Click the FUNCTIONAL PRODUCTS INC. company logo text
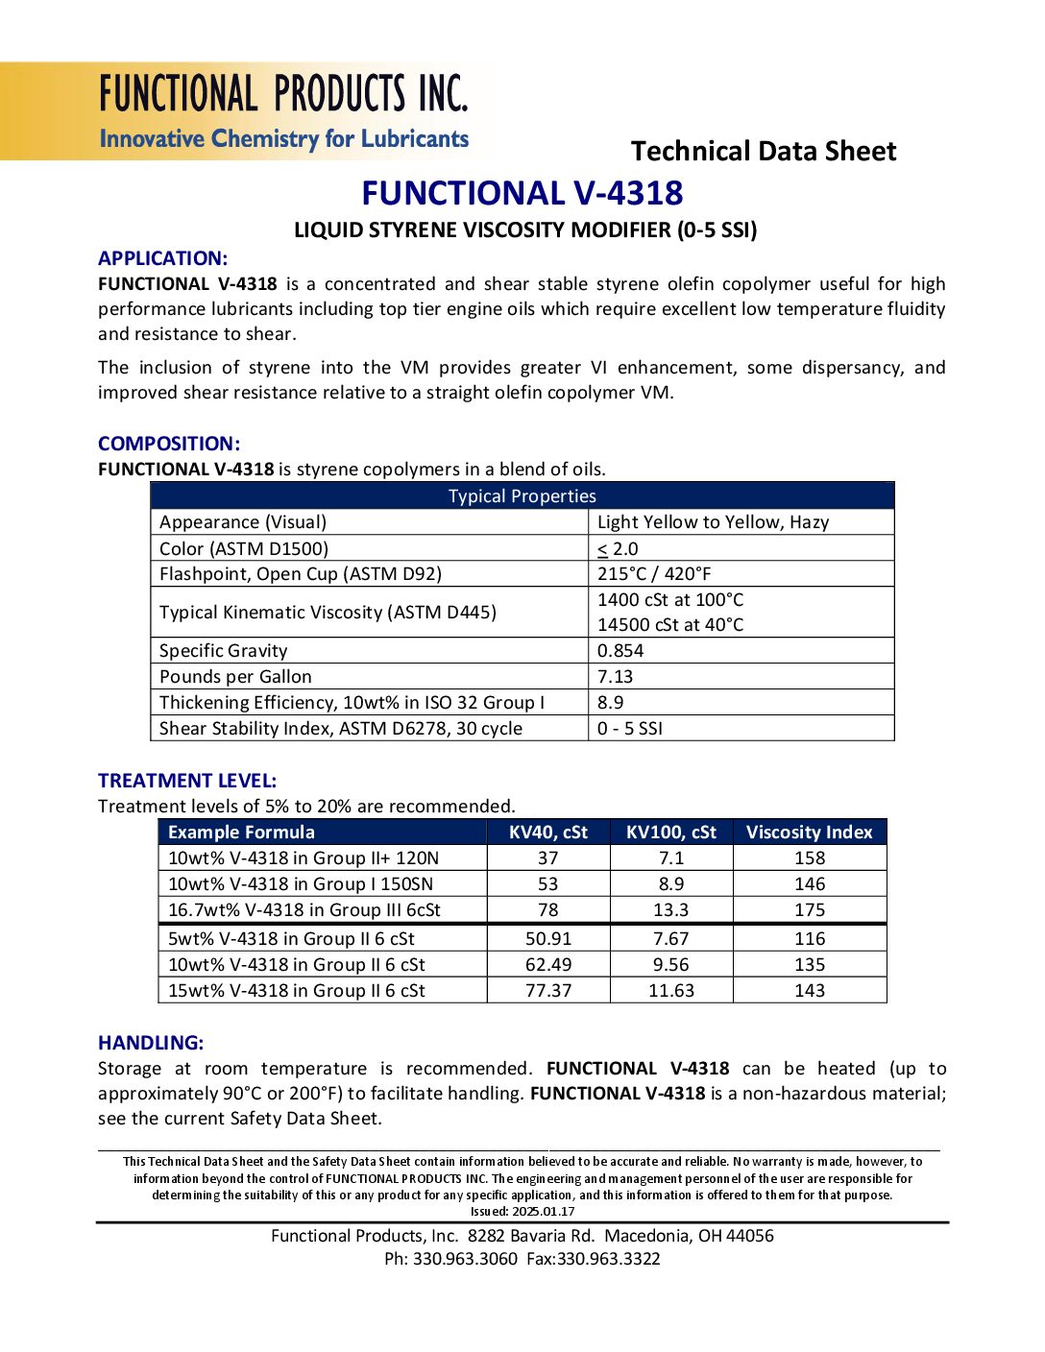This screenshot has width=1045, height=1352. click(283, 94)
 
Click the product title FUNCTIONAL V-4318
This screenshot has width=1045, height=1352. click(522, 193)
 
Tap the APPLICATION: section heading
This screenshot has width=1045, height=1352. click(162, 258)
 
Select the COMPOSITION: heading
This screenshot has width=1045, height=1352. click(169, 444)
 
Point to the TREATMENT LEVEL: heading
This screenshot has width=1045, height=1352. click(187, 781)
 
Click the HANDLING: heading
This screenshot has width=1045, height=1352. click(151, 1043)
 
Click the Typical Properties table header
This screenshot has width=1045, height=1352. click(522, 495)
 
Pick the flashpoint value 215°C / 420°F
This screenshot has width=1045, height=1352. click(654, 574)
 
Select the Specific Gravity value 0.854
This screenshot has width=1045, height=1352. click(620, 651)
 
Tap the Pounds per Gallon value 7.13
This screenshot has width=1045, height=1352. click(616, 677)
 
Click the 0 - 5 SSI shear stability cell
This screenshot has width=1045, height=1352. click(630, 729)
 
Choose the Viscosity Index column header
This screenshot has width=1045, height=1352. click(809, 833)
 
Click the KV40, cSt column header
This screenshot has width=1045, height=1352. click(547, 833)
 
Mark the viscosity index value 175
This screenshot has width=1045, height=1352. click(809, 910)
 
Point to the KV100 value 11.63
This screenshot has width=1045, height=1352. click(670, 991)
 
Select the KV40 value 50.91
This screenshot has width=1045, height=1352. click(547, 939)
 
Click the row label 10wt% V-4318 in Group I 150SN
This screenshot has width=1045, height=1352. click(301, 884)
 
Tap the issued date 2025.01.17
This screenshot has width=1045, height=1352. click(543, 1212)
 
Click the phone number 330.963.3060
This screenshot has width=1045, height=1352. click(465, 1259)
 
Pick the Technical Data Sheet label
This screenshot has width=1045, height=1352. click(763, 151)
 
